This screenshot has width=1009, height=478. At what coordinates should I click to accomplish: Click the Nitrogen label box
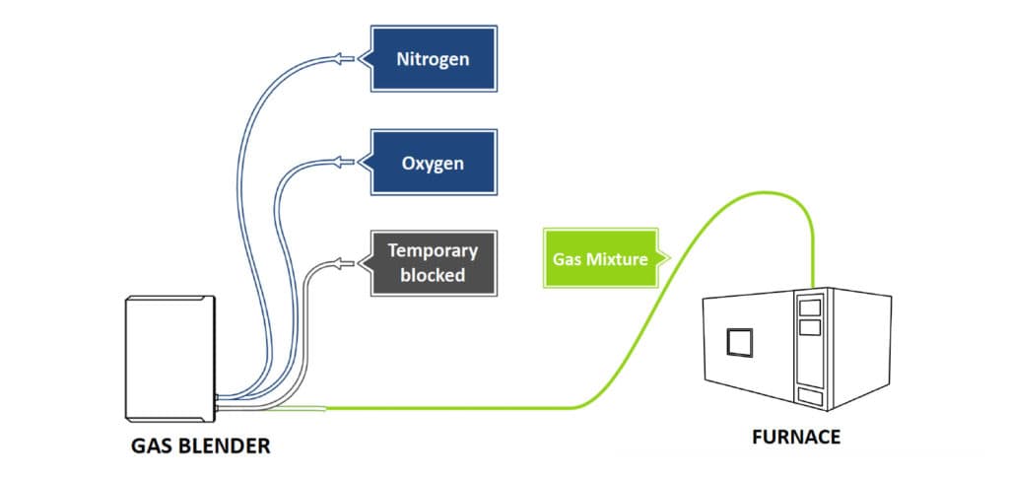433,59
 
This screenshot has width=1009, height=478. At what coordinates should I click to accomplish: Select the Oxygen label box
433,162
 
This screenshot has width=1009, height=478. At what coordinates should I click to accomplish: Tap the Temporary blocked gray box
433,262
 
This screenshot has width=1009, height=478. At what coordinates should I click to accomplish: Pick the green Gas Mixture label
599,258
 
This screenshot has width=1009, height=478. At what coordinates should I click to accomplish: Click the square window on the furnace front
739,342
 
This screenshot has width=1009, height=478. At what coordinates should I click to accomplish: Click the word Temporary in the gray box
433,250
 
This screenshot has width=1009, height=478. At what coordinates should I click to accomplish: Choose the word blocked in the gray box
433,275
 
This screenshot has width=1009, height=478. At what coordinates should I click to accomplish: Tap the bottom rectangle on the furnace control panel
812,396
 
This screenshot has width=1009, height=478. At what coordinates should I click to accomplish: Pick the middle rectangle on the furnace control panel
811,324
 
